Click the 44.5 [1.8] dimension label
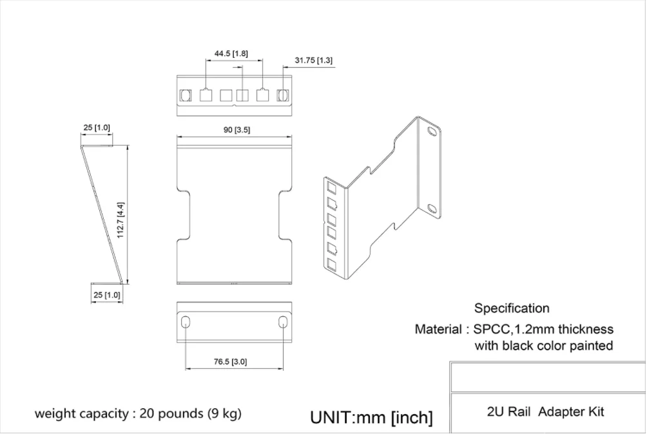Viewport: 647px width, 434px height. pos(231,53)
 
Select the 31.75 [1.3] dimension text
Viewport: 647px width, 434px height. pos(314,61)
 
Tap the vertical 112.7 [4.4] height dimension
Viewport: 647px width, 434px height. pos(121,220)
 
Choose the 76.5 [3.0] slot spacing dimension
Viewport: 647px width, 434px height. pos(230,362)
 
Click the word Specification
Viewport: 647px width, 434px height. pos(512,308)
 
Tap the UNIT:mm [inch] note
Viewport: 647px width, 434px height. pos(371,417)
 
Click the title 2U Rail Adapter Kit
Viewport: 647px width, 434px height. pos(546,411)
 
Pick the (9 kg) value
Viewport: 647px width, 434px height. pos(224,413)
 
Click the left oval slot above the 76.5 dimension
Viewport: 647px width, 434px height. pos(186,322)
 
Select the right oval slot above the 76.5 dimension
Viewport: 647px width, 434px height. pos(283,322)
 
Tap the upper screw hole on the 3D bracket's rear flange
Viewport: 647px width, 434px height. pos(432,133)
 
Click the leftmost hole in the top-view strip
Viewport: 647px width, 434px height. pos(186,95)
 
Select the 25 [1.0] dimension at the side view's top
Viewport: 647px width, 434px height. pos(96,127)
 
